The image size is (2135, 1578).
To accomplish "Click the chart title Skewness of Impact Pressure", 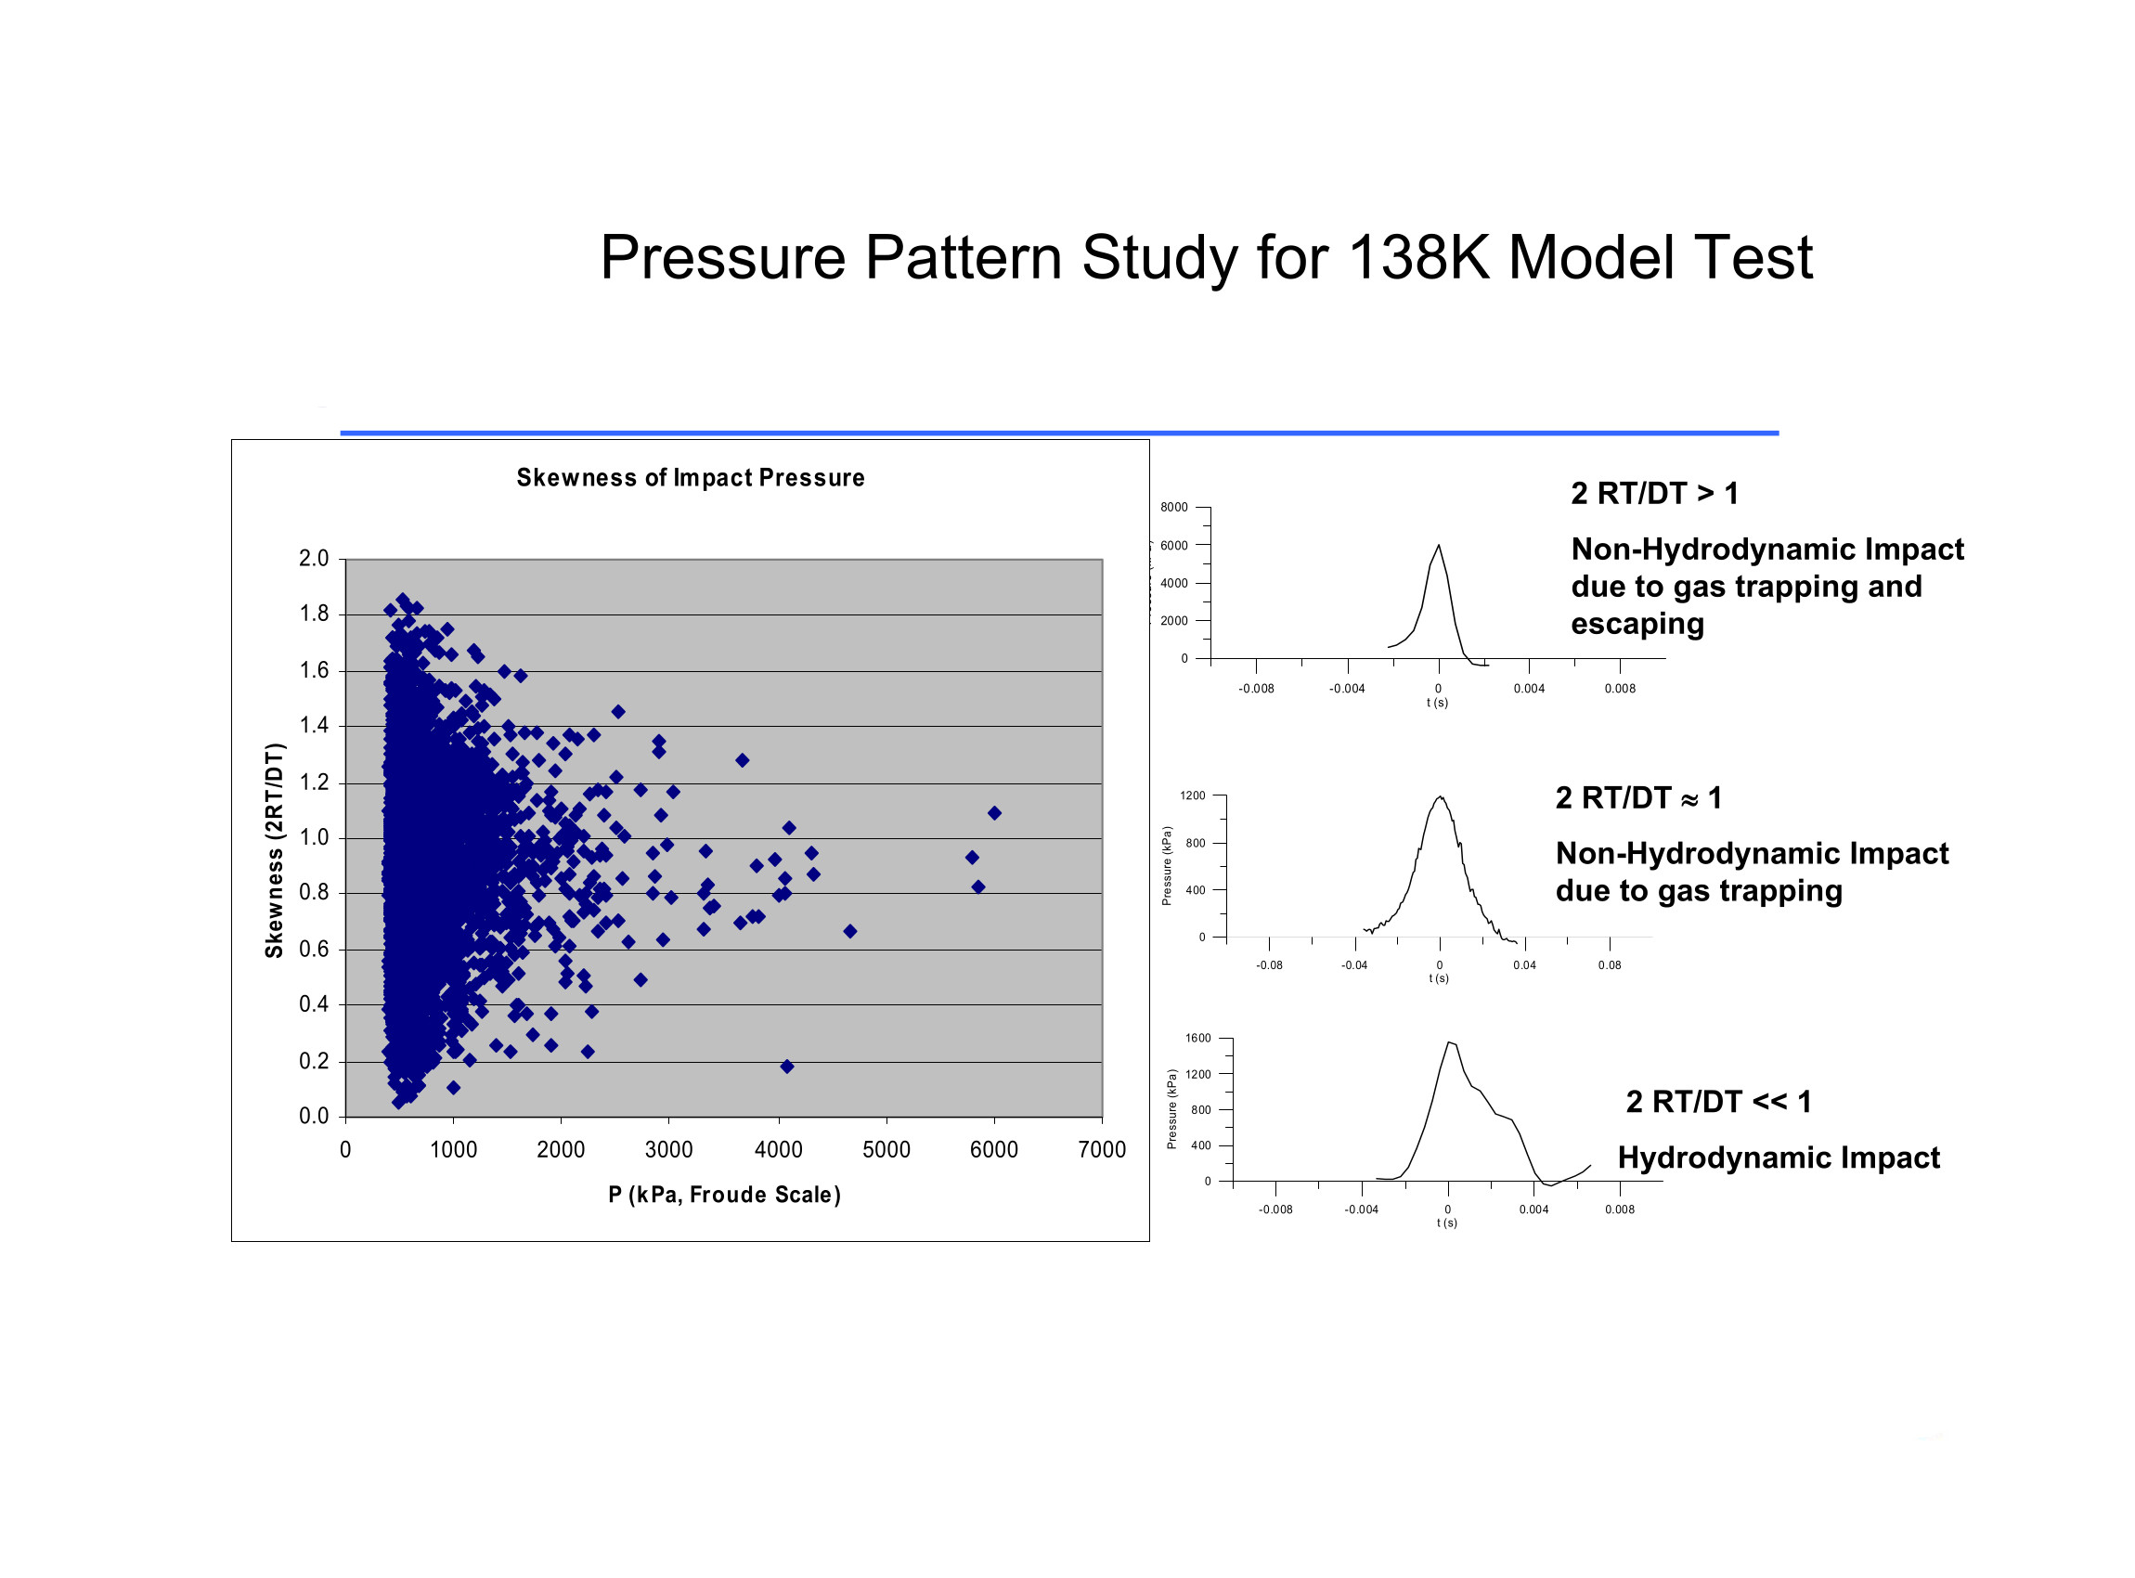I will (690, 478).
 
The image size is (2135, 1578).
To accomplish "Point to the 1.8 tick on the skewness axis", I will (314, 614).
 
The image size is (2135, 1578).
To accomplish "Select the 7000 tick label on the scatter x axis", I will (1102, 1150).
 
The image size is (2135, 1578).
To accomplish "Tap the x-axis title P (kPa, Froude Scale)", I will (724, 1195).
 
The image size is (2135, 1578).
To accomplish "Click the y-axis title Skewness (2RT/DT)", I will (274, 849).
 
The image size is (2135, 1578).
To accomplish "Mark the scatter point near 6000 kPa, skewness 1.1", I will (994, 814).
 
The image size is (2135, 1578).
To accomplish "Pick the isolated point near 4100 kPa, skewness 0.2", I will (787, 1067).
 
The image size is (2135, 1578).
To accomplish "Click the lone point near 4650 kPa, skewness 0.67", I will (850, 931).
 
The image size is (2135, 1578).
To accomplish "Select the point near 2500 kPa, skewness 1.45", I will (618, 713).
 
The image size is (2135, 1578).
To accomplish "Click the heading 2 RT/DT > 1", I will (1654, 494).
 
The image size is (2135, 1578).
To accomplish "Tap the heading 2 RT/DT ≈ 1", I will (1638, 797).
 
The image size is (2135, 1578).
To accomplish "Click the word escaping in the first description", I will (1637, 625).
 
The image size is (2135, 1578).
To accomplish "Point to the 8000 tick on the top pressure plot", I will (1174, 508).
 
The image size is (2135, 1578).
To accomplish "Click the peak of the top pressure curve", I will (1439, 547).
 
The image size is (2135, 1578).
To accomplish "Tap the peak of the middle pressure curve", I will (1441, 797).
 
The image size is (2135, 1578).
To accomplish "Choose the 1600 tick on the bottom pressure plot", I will (1197, 1040).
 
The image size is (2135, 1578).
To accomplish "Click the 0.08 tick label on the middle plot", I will (1610, 965).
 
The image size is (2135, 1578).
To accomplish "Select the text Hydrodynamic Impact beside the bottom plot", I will (1779, 1158).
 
